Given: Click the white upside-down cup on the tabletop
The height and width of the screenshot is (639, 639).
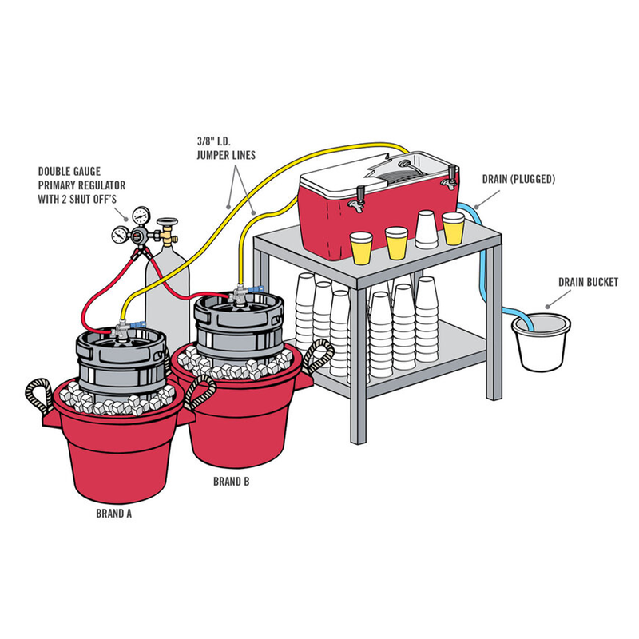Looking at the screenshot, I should pyautogui.click(x=426, y=229).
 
